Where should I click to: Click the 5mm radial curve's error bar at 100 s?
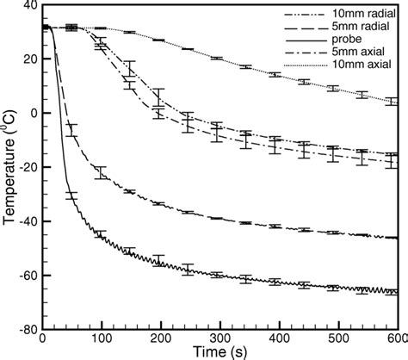click(102, 172)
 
